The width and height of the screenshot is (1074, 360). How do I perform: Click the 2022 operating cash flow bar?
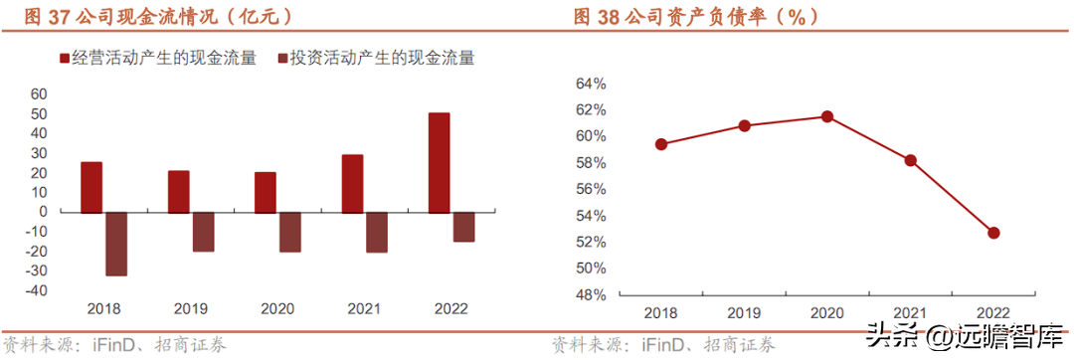point(440,163)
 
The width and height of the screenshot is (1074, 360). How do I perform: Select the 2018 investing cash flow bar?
point(115,245)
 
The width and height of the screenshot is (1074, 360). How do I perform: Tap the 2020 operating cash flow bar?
point(266,192)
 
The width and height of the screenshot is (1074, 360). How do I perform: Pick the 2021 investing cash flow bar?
point(377,233)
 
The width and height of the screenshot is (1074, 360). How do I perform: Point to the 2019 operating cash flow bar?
point(178,192)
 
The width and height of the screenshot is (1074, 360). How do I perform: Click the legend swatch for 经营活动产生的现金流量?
point(66,58)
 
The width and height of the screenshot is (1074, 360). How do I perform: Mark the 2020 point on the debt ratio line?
point(826,116)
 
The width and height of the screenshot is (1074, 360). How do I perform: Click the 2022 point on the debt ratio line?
point(993,233)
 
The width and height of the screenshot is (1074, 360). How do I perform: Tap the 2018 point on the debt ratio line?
point(661,144)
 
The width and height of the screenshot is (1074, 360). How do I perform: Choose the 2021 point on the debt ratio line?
point(910,160)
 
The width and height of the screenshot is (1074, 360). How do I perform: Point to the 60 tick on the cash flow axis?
point(39,93)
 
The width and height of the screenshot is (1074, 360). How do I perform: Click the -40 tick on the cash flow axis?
point(36,290)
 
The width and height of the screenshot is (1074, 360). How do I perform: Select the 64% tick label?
point(592,84)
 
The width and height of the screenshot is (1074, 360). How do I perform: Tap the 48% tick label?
point(592,295)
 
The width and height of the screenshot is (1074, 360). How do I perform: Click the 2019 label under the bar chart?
point(190,309)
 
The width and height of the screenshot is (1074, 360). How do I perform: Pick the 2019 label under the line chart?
point(744,313)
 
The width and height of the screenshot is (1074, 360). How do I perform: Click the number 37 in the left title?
point(57,17)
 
